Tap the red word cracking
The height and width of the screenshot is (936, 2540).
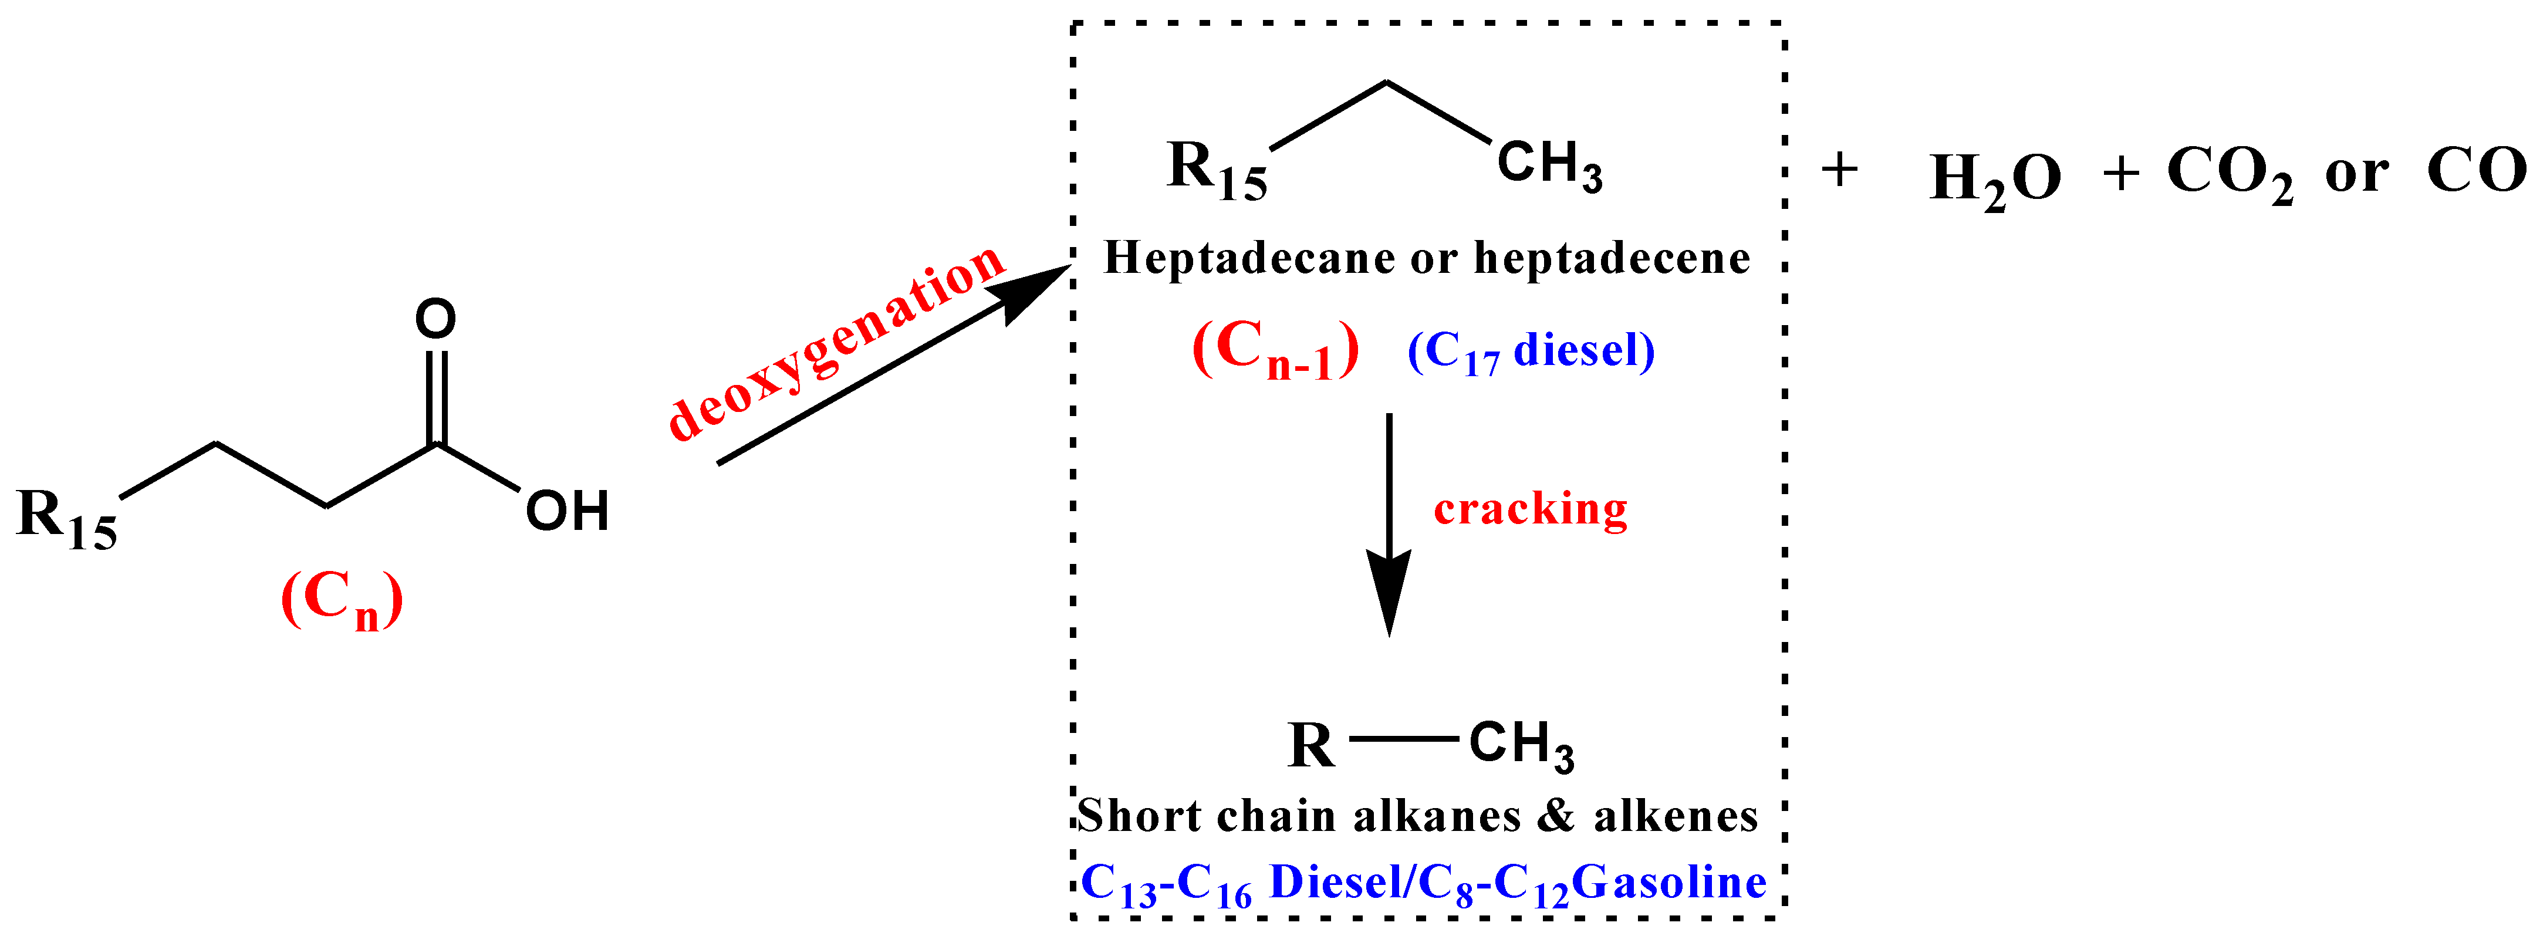(1529, 509)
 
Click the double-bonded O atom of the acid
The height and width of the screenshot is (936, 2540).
(435, 319)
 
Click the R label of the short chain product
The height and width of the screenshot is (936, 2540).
(1310, 746)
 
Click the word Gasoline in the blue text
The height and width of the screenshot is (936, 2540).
(1668, 882)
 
